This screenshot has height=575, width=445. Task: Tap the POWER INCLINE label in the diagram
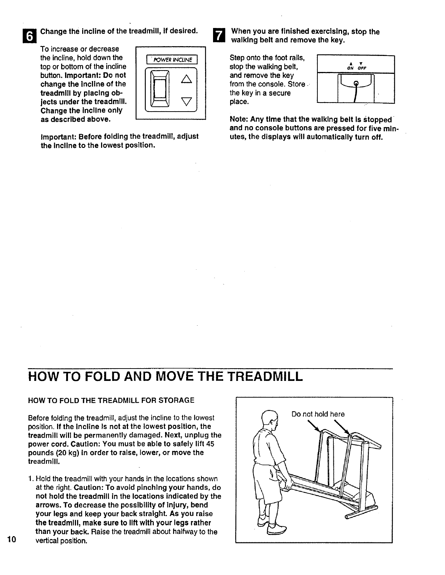(171, 59)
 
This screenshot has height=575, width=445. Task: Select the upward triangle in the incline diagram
(186, 78)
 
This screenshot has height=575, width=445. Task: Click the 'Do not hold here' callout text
(318, 414)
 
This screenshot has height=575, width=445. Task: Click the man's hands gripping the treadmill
(286, 483)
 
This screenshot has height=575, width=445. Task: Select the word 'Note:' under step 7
(238, 120)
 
